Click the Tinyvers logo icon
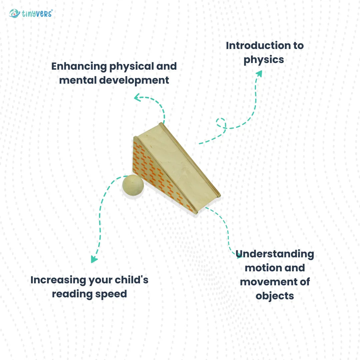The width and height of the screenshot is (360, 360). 14,13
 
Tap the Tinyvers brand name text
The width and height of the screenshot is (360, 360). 37,14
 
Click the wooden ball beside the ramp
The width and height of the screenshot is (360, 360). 133,185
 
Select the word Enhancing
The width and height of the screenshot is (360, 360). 79,67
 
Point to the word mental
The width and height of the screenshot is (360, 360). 78,80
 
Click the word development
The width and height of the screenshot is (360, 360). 134,81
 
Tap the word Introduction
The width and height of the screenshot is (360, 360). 258,45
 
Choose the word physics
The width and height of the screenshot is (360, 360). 264,60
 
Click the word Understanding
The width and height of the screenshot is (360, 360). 275,254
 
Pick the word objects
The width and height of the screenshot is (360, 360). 275,296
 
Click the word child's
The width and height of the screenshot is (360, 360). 131,280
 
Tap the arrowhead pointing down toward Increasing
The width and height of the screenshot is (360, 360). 94,259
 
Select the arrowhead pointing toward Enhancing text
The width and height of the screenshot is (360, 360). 137,97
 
